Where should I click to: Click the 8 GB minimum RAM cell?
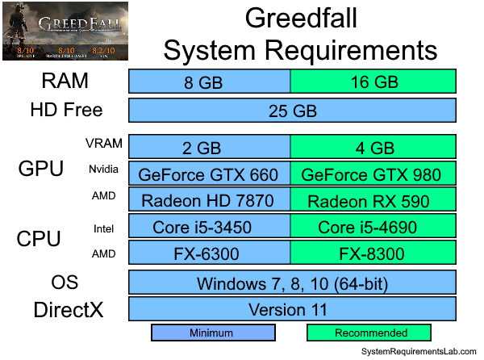[210, 82]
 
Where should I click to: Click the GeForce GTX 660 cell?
[210, 174]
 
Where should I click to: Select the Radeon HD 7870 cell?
[210, 200]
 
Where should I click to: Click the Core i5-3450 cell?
[210, 227]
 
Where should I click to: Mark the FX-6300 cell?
[210, 253]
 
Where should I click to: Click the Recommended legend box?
[369, 333]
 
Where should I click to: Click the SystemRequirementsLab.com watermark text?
[418, 353]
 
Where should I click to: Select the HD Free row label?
[66, 110]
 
